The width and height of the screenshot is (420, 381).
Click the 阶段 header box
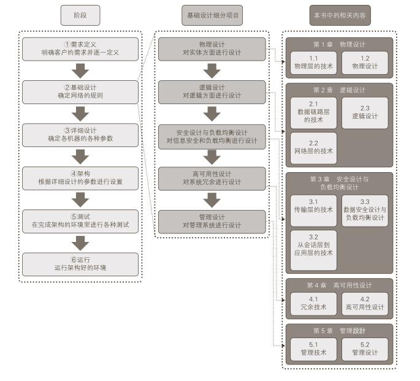[80, 15]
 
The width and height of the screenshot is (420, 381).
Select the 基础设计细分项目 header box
[212, 15]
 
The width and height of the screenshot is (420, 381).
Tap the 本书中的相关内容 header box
[340, 15]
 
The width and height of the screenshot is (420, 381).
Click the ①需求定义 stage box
[80, 49]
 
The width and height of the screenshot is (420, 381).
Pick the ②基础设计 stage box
[80, 92]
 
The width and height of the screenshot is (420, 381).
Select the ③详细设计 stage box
[80, 135]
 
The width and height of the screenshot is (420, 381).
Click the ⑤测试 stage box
[80, 221]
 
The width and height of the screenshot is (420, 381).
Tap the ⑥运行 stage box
[80, 264]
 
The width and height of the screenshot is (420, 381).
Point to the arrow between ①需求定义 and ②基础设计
[80, 70]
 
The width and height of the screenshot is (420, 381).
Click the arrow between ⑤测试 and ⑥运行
[80, 243]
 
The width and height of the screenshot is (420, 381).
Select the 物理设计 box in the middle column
[212, 49]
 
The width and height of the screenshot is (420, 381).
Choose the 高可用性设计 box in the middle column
[212, 178]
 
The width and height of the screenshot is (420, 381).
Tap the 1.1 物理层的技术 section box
[313, 62]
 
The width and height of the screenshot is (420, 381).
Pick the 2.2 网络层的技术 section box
[313, 148]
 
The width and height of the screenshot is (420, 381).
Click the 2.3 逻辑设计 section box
[365, 112]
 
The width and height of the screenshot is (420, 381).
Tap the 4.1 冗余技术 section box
[313, 304]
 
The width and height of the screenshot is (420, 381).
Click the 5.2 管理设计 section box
[365, 349]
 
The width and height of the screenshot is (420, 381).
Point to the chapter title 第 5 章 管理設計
[339, 331]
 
